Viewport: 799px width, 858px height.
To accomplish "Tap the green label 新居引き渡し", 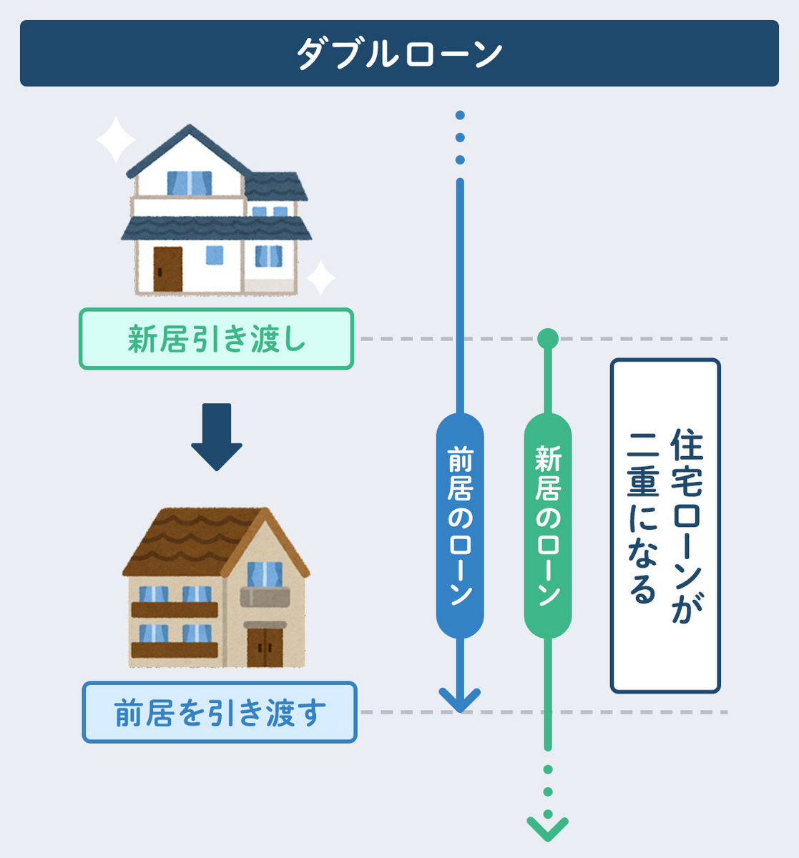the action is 216,339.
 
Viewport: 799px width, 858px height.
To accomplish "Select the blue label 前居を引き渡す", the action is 220,712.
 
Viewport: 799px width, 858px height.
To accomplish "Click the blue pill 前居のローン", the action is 460,526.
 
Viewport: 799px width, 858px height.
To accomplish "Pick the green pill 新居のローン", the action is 548,526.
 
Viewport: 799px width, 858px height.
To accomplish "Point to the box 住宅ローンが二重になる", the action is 665,526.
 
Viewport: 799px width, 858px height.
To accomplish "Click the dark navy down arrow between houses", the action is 217,437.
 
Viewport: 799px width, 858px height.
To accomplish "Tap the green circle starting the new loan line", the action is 548,339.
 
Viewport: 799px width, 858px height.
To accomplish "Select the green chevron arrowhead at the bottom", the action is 548,829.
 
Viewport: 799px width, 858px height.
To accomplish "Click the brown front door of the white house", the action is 168,269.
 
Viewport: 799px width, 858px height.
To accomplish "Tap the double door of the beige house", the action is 265,648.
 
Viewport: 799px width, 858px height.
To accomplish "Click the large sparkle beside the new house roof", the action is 115,140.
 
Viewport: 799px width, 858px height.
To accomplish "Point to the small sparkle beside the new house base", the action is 320,278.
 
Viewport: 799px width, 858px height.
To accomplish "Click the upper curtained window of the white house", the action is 190,183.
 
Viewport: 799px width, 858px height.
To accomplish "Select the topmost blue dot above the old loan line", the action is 460,115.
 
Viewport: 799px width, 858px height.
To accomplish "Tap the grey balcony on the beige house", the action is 265,596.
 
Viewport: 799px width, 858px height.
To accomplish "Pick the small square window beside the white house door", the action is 215,255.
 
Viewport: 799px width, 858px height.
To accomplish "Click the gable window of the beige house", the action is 265,574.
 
